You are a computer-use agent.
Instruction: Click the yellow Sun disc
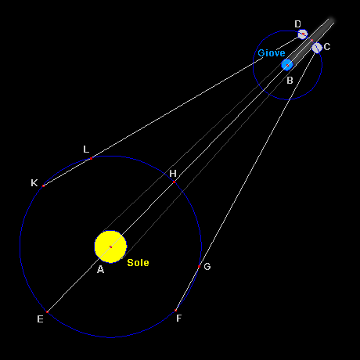tap(110, 247)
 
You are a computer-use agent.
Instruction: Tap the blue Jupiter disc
tap(287, 65)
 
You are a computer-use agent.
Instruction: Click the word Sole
tap(138, 263)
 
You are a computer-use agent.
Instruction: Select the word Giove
tap(272, 53)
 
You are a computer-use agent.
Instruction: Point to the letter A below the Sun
tap(100, 269)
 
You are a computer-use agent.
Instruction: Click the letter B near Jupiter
tap(290, 81)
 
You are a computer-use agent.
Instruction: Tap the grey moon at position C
tap(317, 48)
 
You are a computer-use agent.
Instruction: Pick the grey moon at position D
tap(303, 34)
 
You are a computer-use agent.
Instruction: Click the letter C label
tap(327, 47)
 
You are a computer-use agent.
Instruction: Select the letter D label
tap(297, 24)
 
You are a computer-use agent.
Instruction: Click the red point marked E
tap(47, 311)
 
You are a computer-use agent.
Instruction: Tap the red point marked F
tap(175, 311)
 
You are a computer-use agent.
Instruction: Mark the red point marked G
tap(199, 267)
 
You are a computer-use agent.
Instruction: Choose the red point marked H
tap(174, 182)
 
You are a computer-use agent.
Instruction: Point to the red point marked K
tap(43, 185)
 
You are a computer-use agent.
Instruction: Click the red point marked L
tap(91, 158)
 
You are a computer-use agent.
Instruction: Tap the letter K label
tap(34, 183)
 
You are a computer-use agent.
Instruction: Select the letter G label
tap(207, 267)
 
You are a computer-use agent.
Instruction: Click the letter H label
tap(173, 174)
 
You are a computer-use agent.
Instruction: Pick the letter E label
tap(40, 319)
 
